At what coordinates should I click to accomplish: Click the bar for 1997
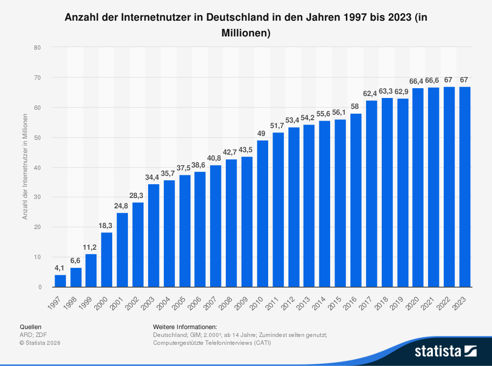60,281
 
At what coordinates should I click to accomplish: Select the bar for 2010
263,214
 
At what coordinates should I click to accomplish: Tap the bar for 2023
465,187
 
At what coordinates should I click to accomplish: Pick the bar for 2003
154,235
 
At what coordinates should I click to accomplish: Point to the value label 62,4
371,94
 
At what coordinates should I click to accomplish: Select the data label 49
263,133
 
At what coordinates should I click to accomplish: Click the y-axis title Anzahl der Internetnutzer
25,167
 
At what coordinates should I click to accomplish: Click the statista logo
446,351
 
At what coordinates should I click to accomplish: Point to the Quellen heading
31,327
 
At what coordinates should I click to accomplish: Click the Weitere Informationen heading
185,327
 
